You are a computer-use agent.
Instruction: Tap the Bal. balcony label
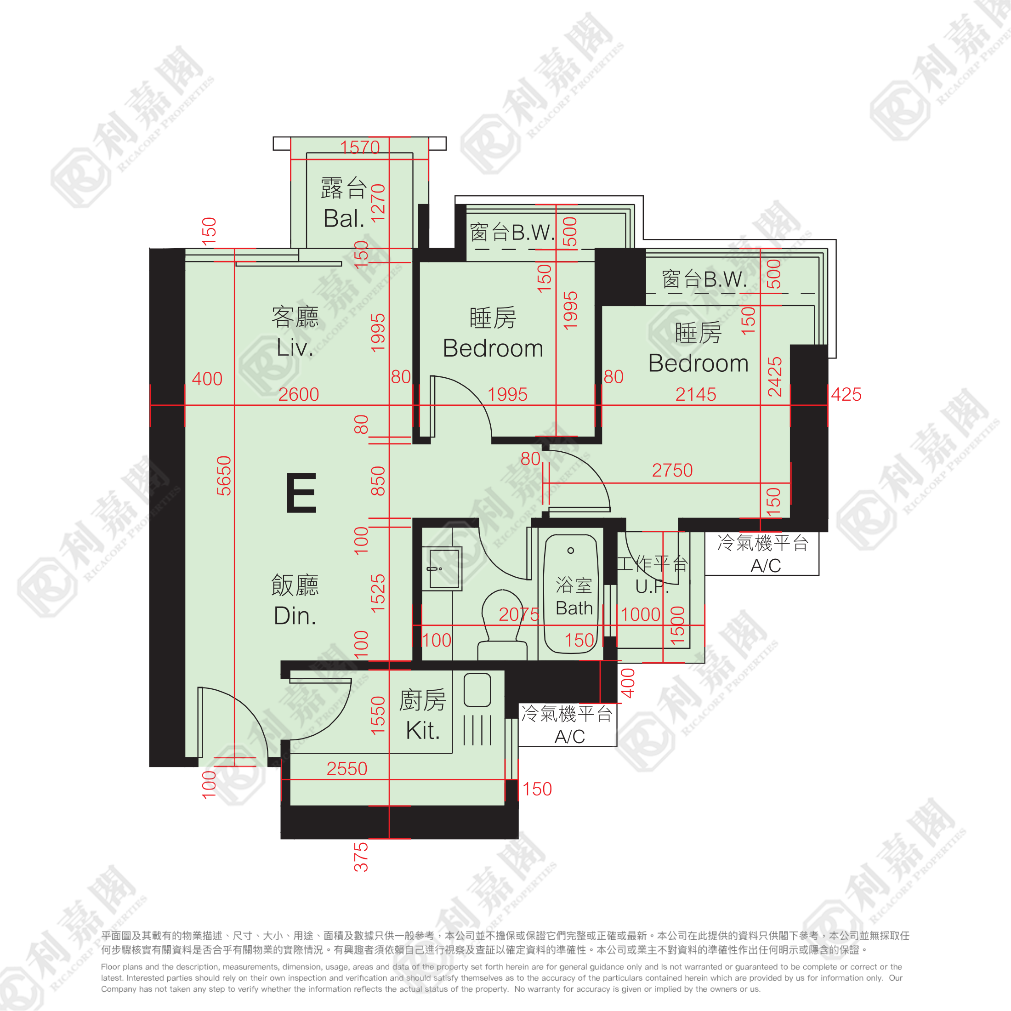(344, 218)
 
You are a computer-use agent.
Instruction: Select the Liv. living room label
(295, 347)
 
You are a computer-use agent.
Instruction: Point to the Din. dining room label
(295, 615)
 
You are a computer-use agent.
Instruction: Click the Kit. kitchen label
(423, 730)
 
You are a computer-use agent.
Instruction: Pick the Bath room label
(574, 608)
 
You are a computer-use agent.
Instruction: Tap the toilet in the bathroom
(502, 624)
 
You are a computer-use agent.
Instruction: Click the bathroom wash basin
(442, 568)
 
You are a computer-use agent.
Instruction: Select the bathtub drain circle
(570, 551)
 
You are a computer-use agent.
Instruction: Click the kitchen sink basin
(477, 690)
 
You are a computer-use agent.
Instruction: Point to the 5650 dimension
(224, 476)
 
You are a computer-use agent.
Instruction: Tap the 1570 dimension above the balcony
(359, 147)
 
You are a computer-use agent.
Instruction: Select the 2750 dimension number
(672, 470)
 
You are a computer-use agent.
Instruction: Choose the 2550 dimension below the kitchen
(347, 768)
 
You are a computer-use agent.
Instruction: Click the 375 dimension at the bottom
(361, 857)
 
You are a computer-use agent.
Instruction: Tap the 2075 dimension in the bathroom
(518, 614)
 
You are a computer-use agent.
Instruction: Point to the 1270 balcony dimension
(378, 203)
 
